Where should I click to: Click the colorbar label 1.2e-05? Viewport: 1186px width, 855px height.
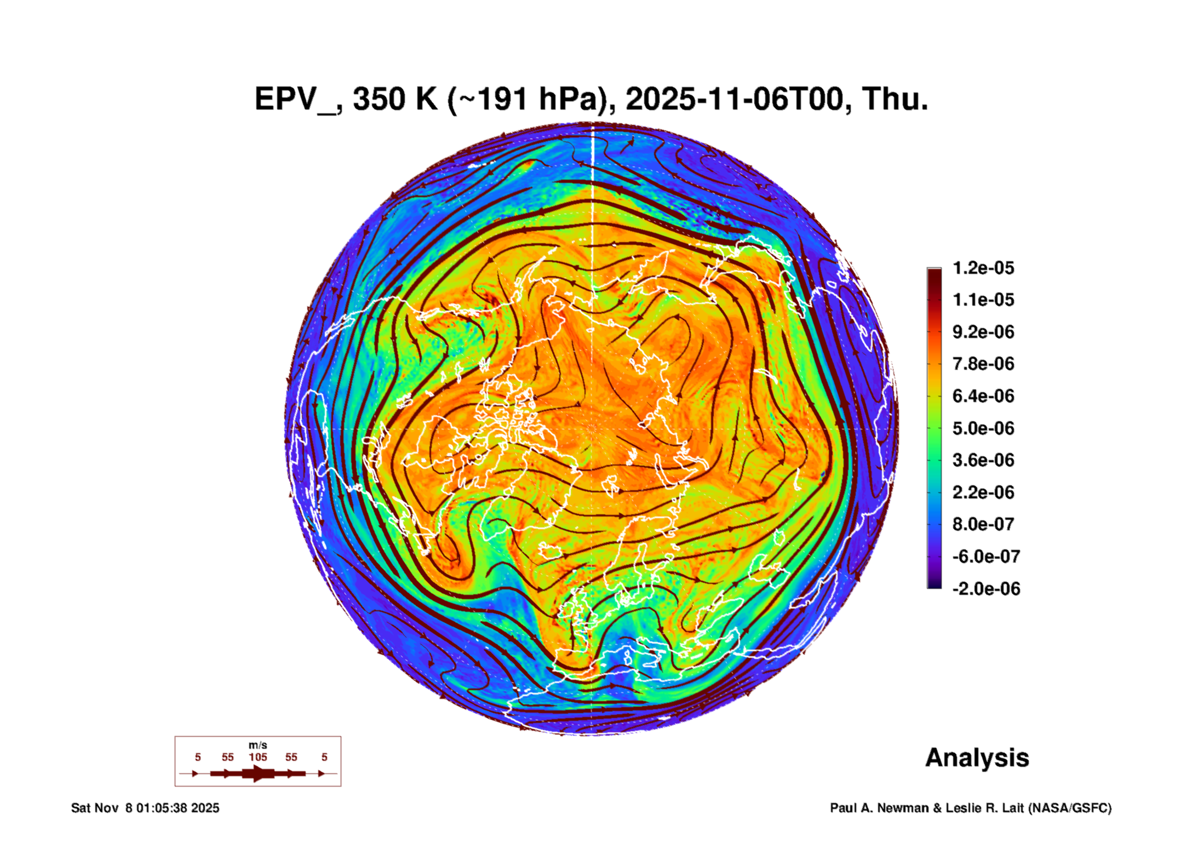983,268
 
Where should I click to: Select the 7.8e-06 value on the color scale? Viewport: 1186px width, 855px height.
983,364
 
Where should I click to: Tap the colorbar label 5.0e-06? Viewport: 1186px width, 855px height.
983,428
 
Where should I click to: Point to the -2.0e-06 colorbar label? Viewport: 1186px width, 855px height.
986,589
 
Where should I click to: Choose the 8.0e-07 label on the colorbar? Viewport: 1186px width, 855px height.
983,524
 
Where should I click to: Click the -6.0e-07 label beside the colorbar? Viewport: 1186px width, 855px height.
986,556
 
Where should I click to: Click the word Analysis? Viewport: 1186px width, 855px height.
977,758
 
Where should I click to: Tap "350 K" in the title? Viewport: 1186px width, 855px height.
395,99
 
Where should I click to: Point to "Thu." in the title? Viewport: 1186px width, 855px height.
895,99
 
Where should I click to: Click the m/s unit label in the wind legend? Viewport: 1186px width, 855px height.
258,745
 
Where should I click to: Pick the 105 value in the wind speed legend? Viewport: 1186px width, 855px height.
258,757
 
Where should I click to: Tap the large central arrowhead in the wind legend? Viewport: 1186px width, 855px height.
258,773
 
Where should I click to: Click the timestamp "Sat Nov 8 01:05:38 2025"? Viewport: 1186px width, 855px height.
145,808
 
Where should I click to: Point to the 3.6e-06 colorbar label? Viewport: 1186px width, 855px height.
983,460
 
